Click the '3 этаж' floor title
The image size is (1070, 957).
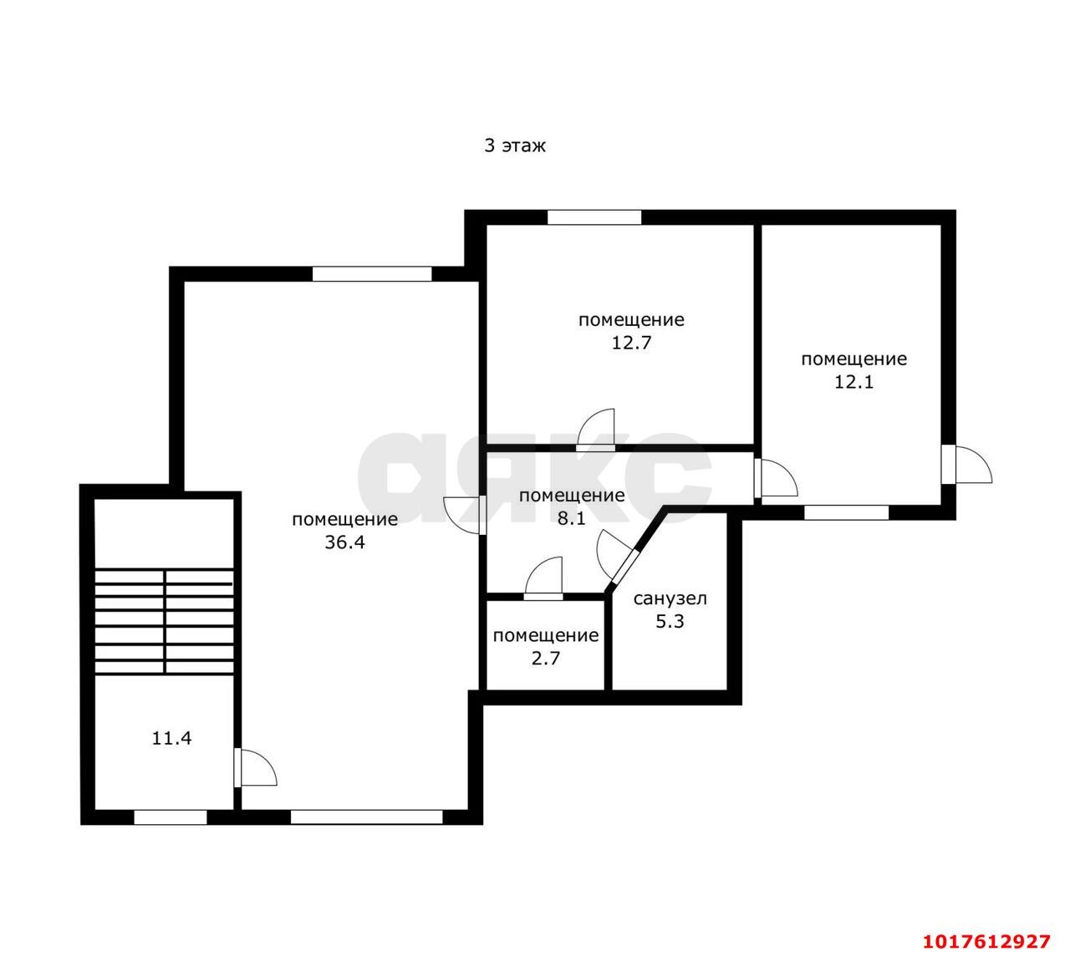click(514, 145)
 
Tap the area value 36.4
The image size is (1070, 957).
click(344, 542)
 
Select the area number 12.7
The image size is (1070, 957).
click(631, 343)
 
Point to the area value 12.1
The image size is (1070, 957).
click(853, 382)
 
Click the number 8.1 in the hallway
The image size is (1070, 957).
click(572, 519)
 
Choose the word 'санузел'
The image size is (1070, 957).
click(670, 598)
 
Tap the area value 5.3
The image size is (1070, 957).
click(670, 621)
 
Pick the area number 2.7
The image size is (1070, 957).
click(546, 658)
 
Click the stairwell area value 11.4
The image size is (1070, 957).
click(171, 738)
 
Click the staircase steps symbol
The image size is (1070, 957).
click(164, 621)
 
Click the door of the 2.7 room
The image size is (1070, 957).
click(543, 579)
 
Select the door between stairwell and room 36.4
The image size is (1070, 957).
click(255, 766)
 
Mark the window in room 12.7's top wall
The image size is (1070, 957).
click(594, 217)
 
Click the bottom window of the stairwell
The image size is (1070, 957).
click(170, 817)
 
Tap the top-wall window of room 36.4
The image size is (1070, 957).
click(372, 273)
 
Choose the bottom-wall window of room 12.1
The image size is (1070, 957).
click(846, 512)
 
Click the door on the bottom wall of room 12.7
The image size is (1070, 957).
click(596, 430)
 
